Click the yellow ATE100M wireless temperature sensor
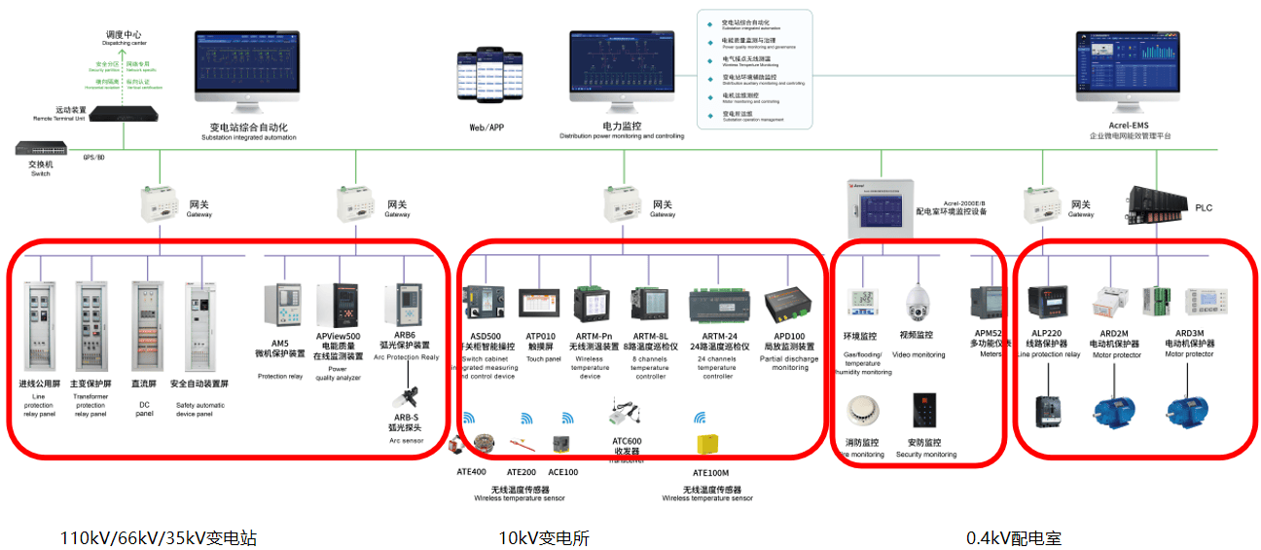(707, 445)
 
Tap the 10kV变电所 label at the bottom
(544, 537)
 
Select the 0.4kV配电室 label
(1013, 537)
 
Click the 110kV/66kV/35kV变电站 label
(159, 537)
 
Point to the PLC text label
(1204, 207)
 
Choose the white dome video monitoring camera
(919, 304)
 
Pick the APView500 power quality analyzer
(349, 307)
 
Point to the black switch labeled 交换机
(42, 149)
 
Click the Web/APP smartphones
(486, 74)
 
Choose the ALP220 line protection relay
(1050, 304)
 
